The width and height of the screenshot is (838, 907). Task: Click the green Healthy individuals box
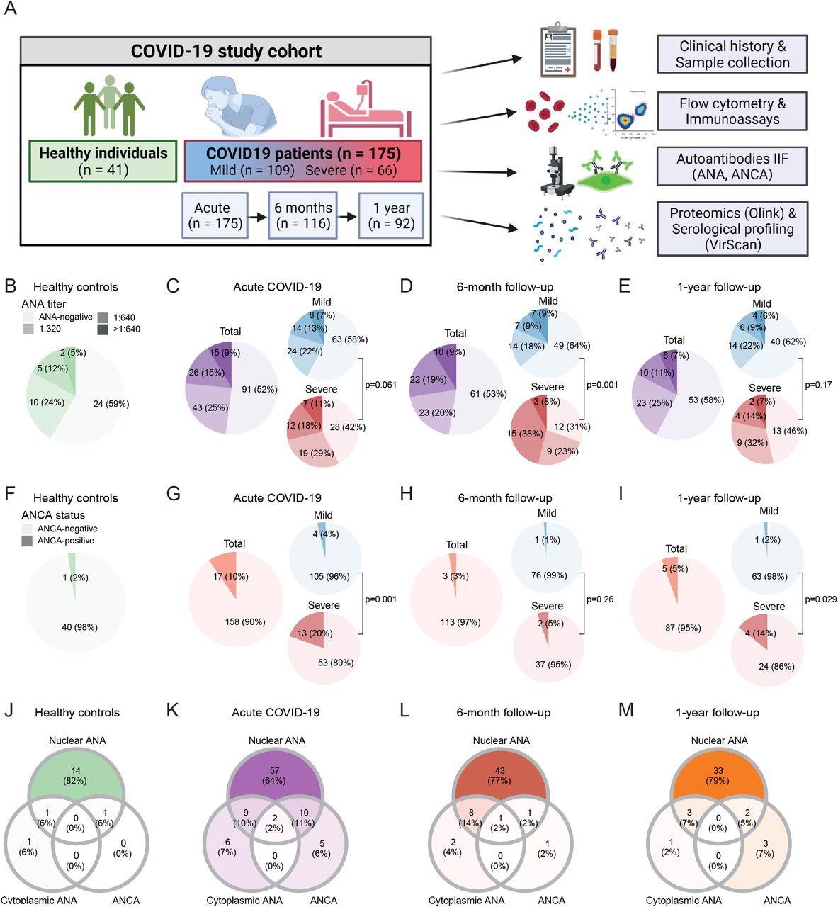pyautogui.click(x=103, y=160)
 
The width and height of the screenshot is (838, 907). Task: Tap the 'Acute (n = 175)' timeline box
pyautogui.click(x=215, y=215)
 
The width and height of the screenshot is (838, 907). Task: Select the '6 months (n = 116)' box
pyautogui.click(x=302, y=215)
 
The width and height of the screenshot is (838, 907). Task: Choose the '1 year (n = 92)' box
pyautogui.click(x=390, y=215)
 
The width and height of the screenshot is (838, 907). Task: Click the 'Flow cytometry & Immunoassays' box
pyautogui.click(x=732, y=111)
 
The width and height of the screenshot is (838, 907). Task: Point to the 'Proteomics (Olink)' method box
pyautogui.click(x=732, y=229)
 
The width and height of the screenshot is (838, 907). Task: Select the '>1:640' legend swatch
pyautogui.click(x=103, y=329)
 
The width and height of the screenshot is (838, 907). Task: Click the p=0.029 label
pyautogui.click(x=820, y=599)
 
